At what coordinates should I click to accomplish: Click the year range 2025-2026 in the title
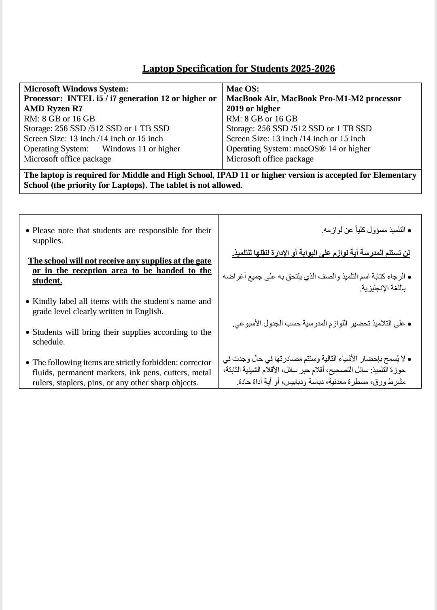pyautogui.click(x=313, y=68)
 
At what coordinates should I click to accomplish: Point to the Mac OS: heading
pyautogui.click(x=242, y=89)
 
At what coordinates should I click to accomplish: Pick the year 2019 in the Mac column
pyautogui.click(x=234, y=108)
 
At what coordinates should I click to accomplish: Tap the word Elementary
pyautogui.click(x=395, y=175)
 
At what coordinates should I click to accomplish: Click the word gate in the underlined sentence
pyautogui.click(x=204, y=261)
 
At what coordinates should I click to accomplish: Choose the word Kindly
pyautogui.click(x=44, y=301)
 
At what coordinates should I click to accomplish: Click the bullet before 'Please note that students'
pyautogui.click(x=27, y=231)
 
